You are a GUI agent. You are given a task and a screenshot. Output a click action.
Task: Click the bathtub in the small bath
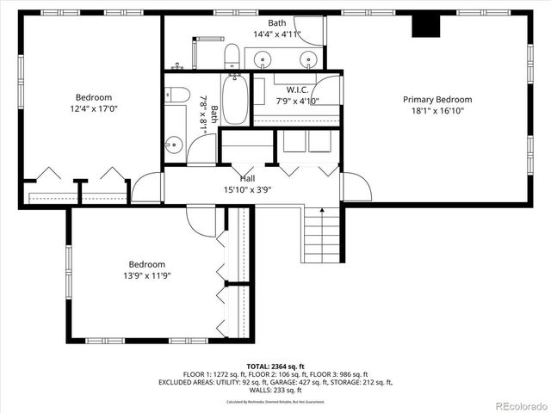(233, 102)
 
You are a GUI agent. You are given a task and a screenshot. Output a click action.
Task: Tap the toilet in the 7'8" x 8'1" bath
(178, 94)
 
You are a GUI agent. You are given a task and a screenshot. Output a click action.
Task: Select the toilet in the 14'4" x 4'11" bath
(232, 58)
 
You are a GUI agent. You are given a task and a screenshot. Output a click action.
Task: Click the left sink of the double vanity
(263, 59)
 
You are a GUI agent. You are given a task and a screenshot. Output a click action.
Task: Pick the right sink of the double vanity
(307, 59)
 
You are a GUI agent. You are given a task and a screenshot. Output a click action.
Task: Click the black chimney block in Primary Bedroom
(424, 27)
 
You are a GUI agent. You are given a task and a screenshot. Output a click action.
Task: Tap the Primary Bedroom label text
(437, 100)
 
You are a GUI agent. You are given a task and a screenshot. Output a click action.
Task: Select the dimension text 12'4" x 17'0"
(93, 108)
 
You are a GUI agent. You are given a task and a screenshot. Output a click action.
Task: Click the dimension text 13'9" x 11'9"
(146, 275)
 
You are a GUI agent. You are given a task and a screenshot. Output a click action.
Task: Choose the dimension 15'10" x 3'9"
(247, 189)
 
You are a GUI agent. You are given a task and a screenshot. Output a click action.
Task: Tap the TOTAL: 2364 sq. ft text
(275, 366)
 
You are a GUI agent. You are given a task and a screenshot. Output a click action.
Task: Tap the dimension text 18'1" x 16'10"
(437, 110)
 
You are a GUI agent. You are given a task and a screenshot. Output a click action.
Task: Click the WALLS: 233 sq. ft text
(275, 390)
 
